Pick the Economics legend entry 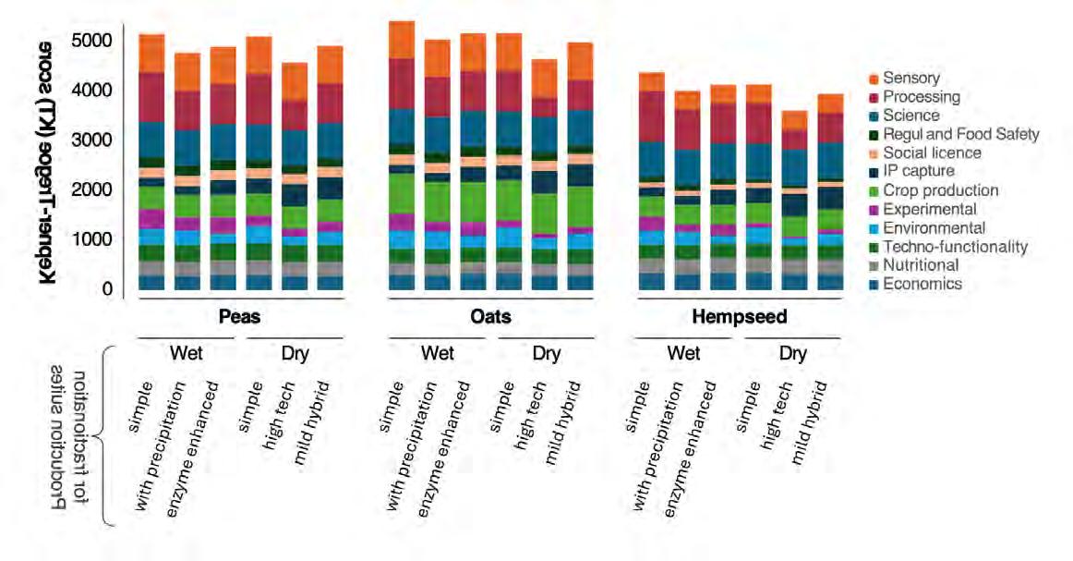pos(922,284)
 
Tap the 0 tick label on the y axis pos(108,289)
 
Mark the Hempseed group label pos(740,317)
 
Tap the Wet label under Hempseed pos(683,353)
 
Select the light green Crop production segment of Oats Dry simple pos(510,200)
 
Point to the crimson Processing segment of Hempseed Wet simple pos(651,116)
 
